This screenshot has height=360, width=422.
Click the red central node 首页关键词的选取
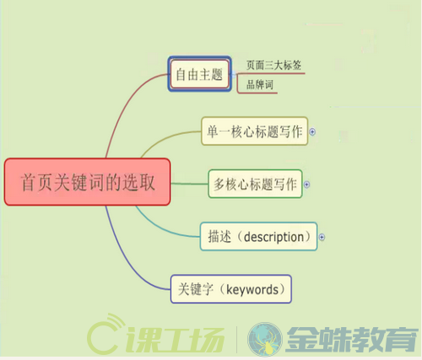click(x=87, y=182)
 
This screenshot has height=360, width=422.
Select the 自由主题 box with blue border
click(x=199, y=74)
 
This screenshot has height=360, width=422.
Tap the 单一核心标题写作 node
click(x=255, y=132)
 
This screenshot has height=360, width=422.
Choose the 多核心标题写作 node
click(x=255, y=184)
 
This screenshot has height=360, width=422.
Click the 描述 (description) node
click(x=258, y=236)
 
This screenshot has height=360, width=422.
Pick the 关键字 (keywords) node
click(x=231, y=289)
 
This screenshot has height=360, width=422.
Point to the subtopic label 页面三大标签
click(x=273, y=65)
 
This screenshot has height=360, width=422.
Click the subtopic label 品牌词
click(x=260, y=84)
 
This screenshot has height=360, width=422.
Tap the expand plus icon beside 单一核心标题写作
click(x=312, y=132)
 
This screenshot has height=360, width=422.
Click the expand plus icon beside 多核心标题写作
click(x=307, y=185)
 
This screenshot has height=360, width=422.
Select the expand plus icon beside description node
click(x=322, y=238)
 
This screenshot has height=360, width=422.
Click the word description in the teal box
click(x=273, y=238)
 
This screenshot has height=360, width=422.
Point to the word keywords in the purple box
click(x=252, y=290)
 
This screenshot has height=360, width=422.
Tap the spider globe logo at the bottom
click(x=265, y=339)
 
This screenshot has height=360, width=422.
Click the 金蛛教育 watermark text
click(x=352, y=339)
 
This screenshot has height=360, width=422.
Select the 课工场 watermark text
click(x=175, y=340)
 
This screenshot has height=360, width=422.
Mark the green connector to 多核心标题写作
click(x=189, y=184)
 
